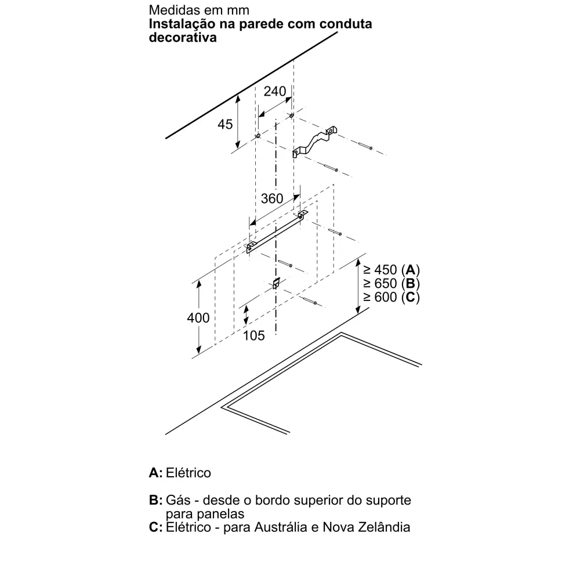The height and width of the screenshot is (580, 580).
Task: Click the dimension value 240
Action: click(275, 91)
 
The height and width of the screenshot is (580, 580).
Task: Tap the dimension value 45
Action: click(225, 124)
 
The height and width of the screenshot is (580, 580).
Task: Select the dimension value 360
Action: click(272, 198)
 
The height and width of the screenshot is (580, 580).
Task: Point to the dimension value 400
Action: click(198, 318)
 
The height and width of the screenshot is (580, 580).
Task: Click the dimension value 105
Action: click(254, 335)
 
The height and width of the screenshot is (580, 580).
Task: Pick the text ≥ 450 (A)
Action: click(391, 270)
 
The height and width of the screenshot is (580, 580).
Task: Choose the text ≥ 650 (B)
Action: click(391, 284)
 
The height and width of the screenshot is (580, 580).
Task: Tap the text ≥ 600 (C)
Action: click(391, 298)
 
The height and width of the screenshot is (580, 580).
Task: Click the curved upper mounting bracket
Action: click(315, 142)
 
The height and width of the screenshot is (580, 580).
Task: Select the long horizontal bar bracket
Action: click(277, 232)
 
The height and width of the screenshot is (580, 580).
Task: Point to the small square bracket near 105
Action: click(276, 284)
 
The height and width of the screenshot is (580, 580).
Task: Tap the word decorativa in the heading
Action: click(183, 37)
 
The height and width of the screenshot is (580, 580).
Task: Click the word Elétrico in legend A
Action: click(188, 473)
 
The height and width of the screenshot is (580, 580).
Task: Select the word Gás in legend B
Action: click(177, 500)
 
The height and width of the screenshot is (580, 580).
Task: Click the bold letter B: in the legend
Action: click(155, 500)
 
